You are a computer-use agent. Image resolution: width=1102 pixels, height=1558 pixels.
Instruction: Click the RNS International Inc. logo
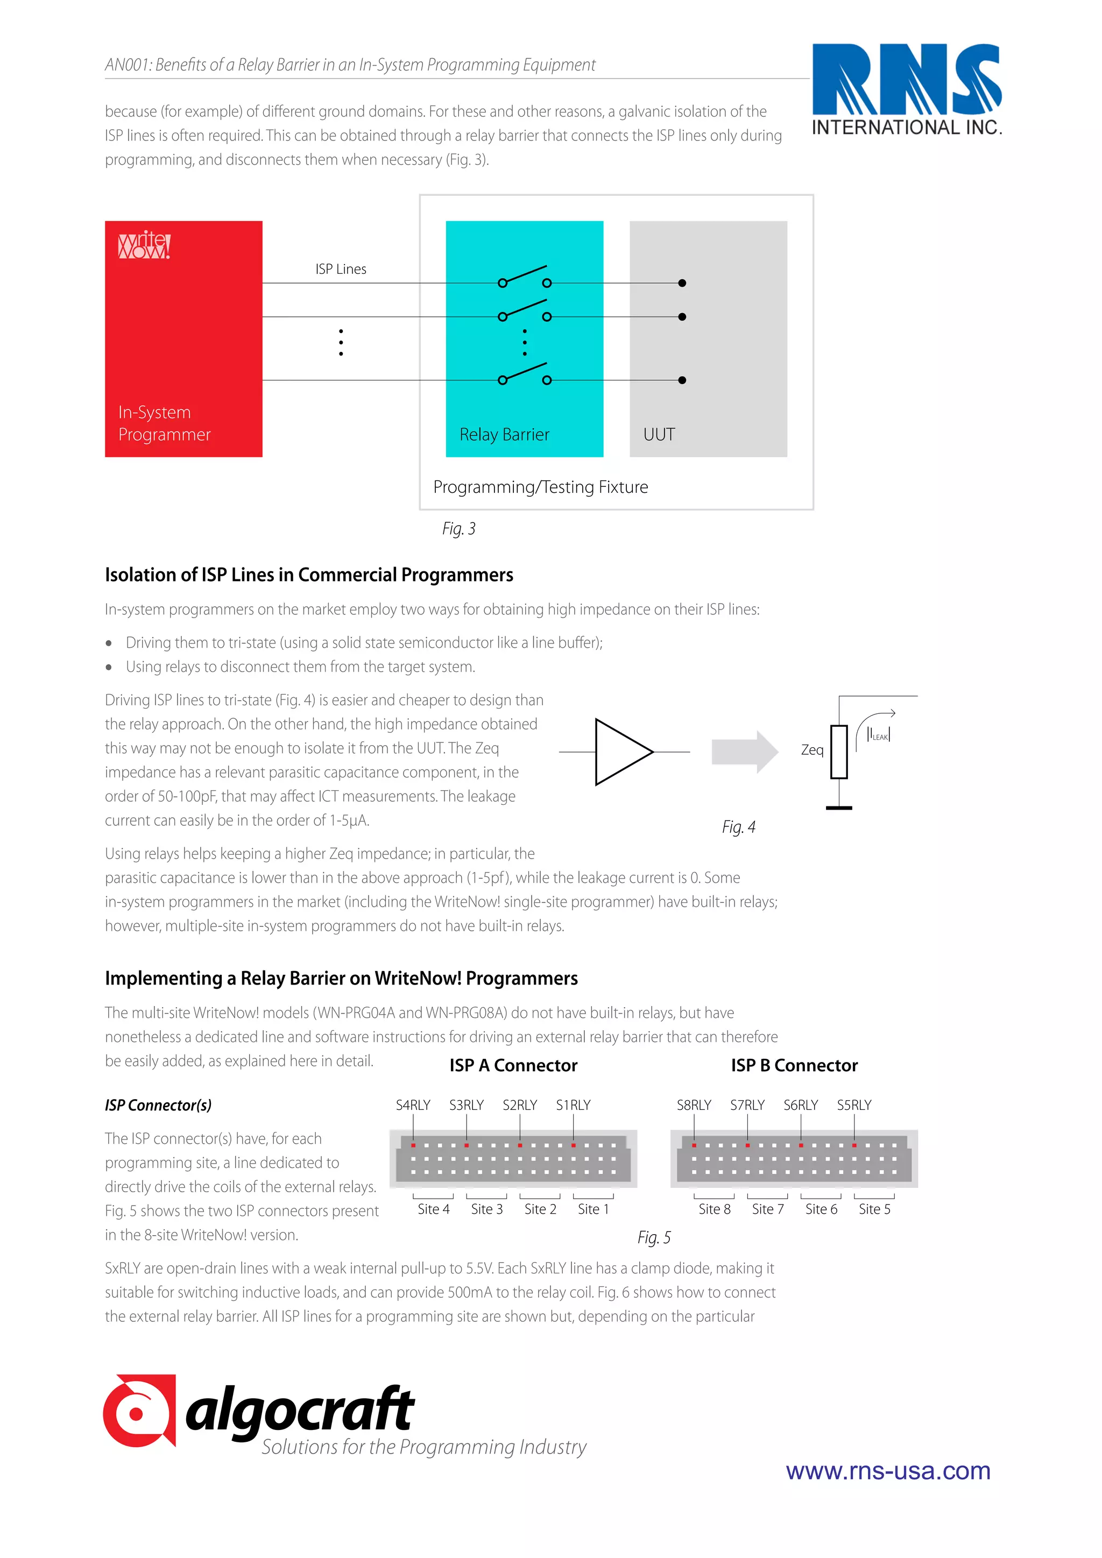(907, 89)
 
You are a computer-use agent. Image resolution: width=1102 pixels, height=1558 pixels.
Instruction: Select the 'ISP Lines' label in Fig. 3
(341, 270)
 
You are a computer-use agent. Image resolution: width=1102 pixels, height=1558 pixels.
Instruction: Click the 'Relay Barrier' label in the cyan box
(504, 435)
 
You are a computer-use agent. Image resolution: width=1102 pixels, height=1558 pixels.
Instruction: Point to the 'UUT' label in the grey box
(659, 435)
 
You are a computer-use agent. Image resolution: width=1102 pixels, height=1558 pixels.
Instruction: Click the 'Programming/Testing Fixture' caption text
(540, 487)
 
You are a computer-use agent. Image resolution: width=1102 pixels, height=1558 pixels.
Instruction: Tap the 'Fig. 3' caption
(458, 529)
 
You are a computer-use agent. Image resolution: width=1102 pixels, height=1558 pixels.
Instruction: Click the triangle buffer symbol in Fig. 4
(621, 752)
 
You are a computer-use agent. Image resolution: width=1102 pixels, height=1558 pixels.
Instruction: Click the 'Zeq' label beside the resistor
(811, 750)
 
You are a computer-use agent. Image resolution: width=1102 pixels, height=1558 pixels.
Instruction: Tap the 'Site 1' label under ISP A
(593, 1209)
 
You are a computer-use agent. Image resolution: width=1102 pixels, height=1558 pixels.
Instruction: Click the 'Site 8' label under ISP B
(714, 1209)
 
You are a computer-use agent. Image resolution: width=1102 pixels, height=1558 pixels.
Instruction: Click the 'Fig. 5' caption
(653, 1238)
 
